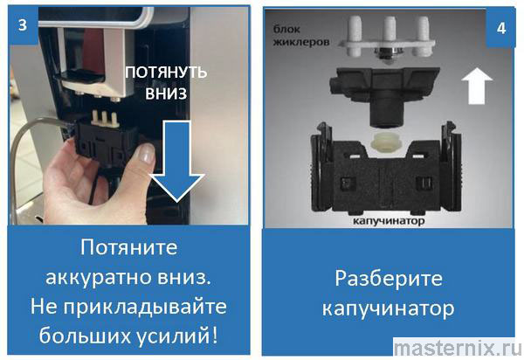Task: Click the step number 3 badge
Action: point(23,25)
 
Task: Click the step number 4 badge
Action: point(501,29)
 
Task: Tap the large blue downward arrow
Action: point(177,162)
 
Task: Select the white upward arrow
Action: point(477,87)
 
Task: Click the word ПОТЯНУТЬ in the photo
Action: point(166,73)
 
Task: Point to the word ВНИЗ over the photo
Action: point(166,93)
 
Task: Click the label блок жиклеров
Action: point(301,36)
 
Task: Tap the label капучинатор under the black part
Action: point(389,221)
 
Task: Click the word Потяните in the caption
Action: point(128,247)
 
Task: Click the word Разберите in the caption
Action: point(389,279)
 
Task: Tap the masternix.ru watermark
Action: point(458,349)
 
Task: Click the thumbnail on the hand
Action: point(146,153)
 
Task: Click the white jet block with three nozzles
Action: point(387,39)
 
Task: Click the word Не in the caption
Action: point(45,307)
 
